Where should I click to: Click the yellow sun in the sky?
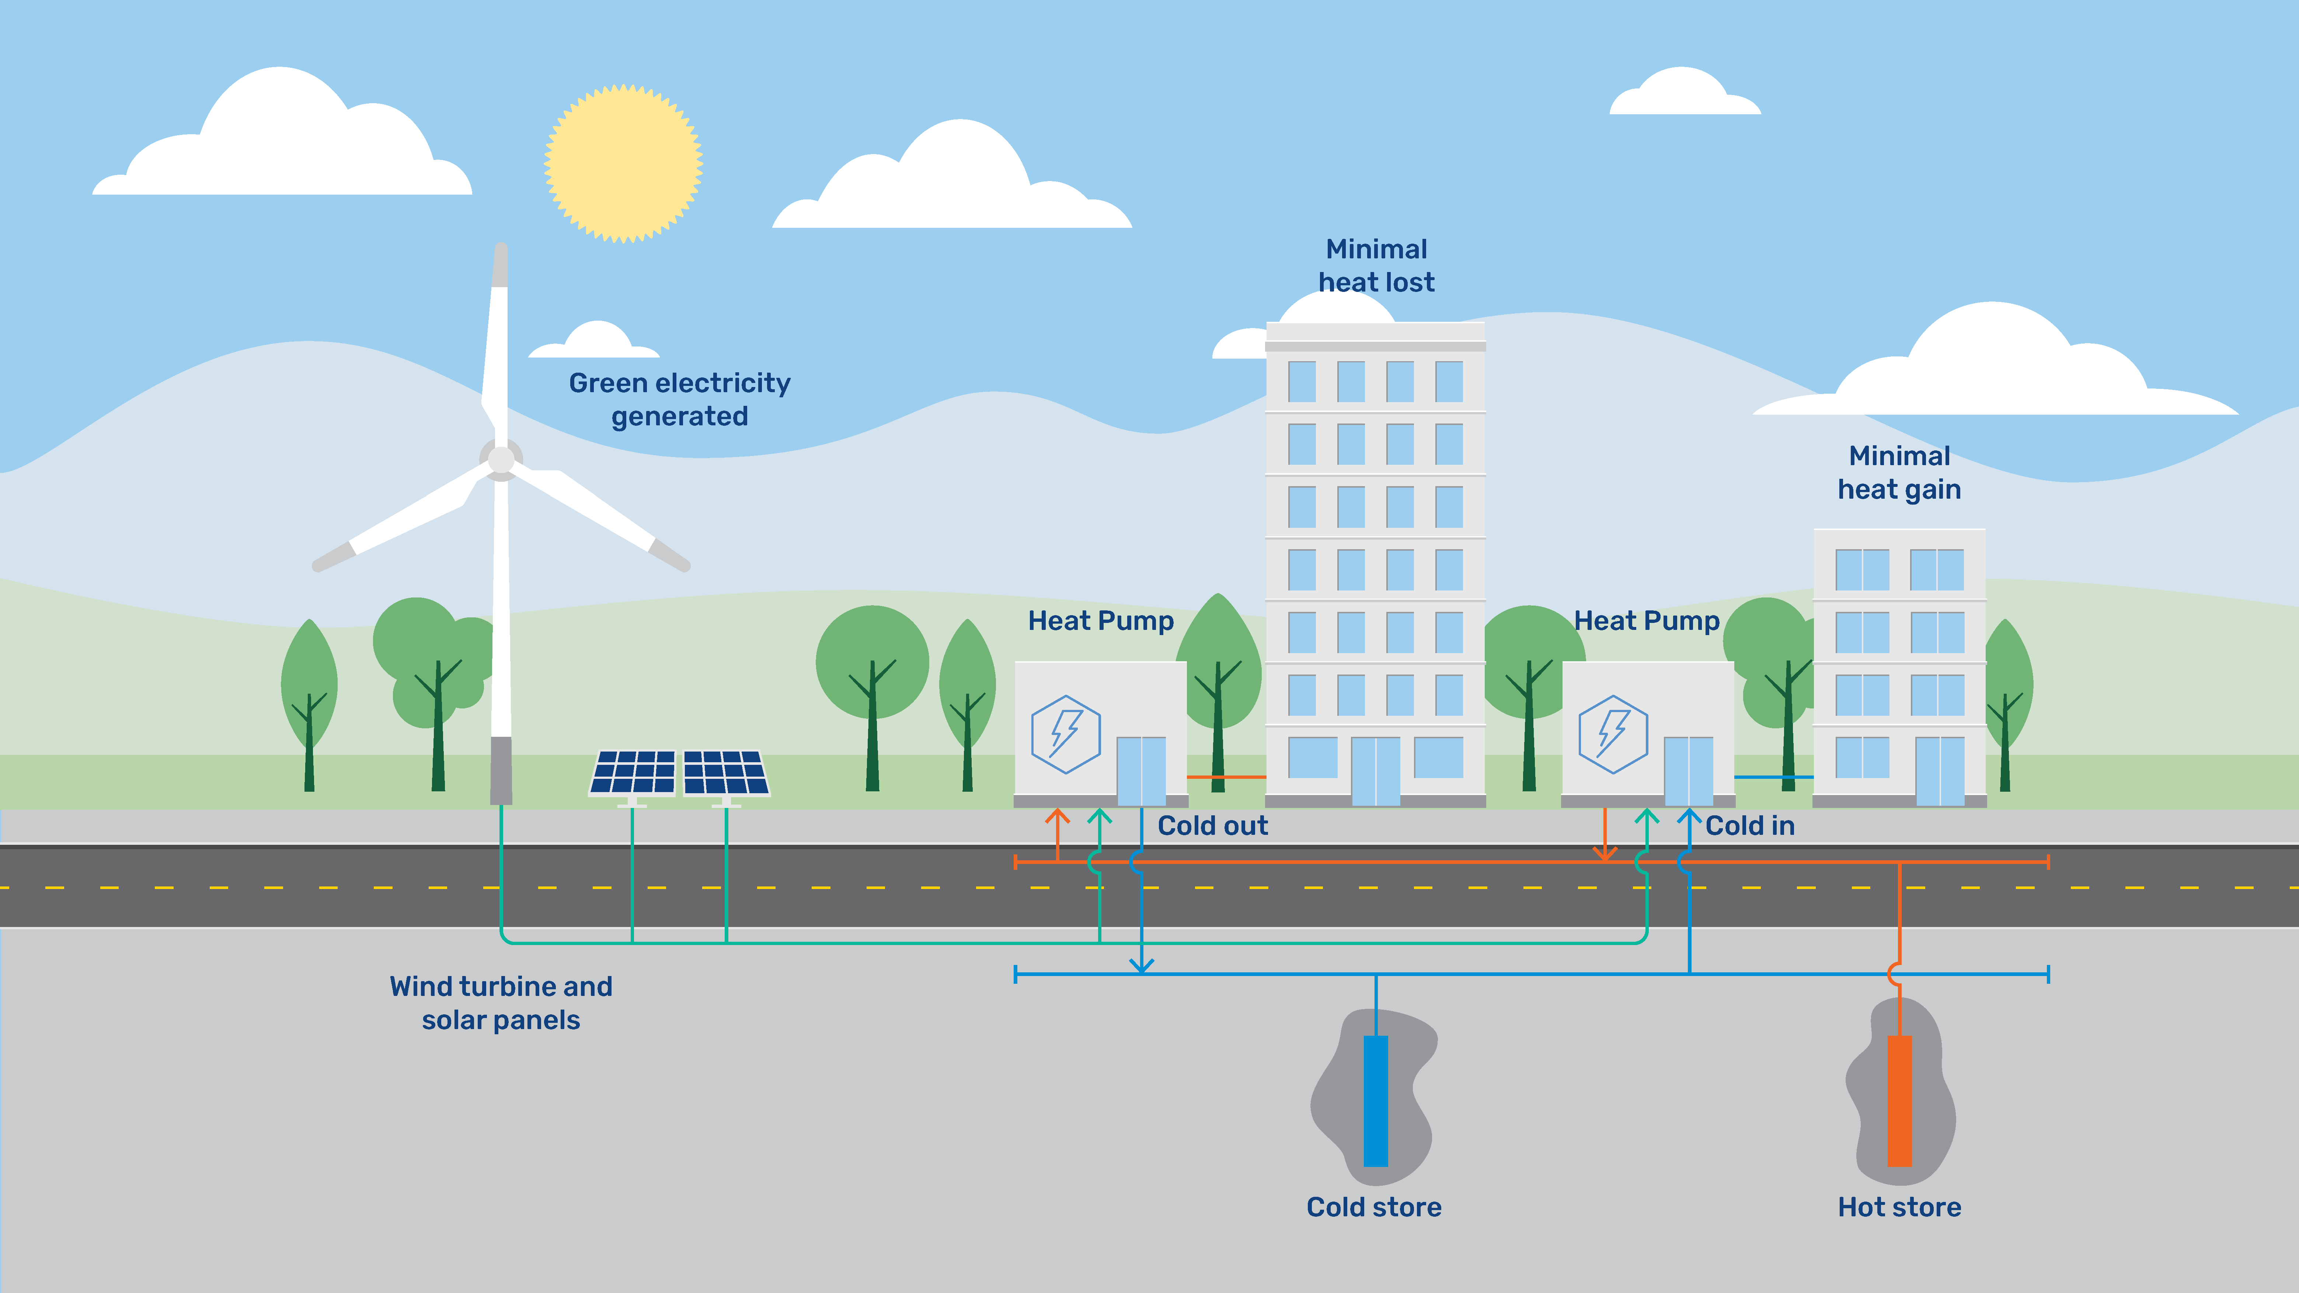click(x=624, y=163)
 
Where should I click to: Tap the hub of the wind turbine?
click(x=501, y=459)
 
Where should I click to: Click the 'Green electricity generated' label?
click(x=679, y=399)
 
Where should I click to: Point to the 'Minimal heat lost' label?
click(x=1376, y=265)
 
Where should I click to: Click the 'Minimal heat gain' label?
click(x=1899, y=472)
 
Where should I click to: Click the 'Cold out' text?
click(x=1212, y=825)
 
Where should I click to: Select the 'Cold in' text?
click(x=1749, y=825)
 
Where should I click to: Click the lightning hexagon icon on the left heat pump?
click(x=1066, y=733)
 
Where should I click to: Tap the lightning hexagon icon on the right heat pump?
click(x=1613, y=733)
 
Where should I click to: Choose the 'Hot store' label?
click(x=1899, y=1206)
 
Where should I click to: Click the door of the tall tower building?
click(x=1375, y=771)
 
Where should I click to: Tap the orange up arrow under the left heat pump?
click(x=1058, y=818)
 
